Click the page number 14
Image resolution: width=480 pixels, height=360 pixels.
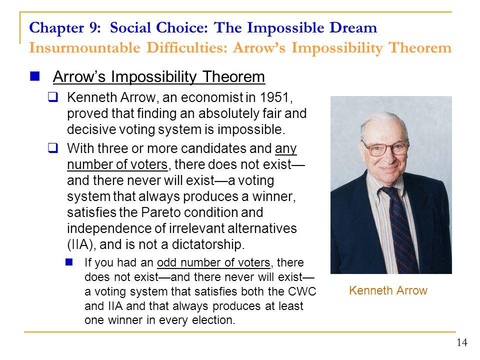pos(462,342)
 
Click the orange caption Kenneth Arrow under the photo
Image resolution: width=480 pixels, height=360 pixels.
pos(388,290)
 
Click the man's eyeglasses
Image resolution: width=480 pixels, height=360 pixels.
pos(385,148)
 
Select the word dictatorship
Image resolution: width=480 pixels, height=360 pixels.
pos(208,244)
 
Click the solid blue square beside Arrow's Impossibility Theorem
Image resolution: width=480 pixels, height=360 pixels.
pos(34,76)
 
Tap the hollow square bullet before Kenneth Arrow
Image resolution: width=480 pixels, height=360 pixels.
pos(53,97)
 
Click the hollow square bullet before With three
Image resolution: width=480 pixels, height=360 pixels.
pos(53,148)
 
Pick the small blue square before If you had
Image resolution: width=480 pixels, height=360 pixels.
pos(69,262)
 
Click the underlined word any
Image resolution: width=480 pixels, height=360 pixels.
pos(285,149)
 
